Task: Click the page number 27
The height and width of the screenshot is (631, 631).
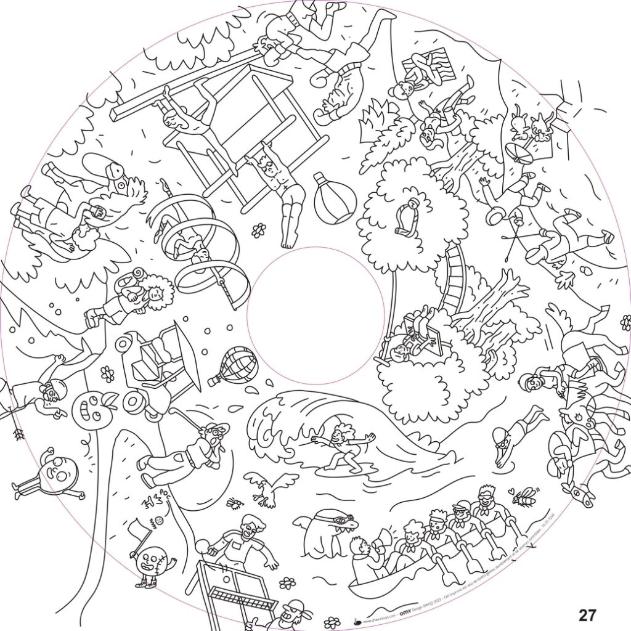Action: (587, 614)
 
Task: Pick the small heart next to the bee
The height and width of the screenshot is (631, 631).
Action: (510, 491)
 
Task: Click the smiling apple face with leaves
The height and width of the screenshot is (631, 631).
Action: (91, 408)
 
